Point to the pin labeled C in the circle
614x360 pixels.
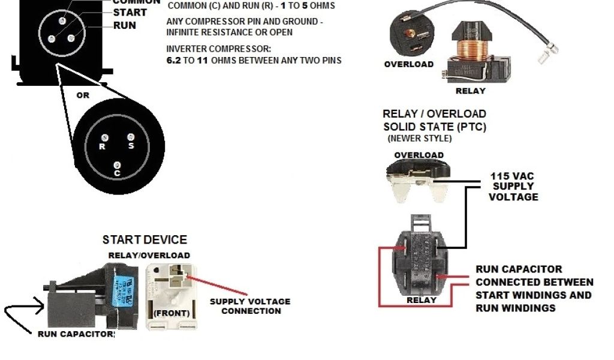[118, 164]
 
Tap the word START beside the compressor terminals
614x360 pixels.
[130, 13]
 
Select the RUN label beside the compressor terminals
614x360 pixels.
[125, 26]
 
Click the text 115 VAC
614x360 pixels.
[512, 176]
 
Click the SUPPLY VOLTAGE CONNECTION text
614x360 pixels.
[250, 306]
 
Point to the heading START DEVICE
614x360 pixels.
[145, 240]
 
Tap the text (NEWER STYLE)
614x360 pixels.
[420, 139]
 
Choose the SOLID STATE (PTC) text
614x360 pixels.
[435, 127]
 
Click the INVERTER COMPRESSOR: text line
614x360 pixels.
[219, 48]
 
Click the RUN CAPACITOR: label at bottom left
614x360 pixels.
[76, 334]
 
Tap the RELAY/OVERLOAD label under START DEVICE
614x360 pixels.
[149, 255]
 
